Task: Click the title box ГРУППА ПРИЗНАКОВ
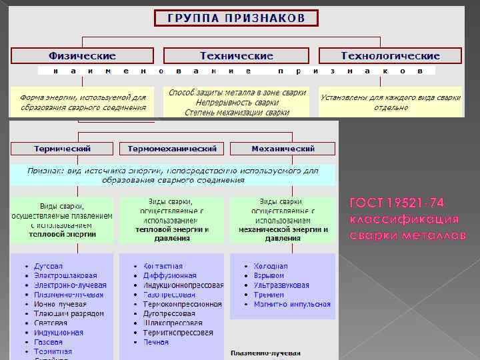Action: click(x=236, y=18)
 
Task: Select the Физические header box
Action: click(x=81, y=56)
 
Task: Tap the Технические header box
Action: click(x=236, y=56)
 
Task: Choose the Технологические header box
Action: click(x=390, y=56)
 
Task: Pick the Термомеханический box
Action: click(x=172, y=149)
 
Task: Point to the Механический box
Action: click(x=283, y=149)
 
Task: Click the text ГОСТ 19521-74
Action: click(x=397, y=203)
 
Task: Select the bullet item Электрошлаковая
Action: click(x=66, y=275)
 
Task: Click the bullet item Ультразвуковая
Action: click(x=281, y=285)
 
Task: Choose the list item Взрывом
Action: click(x=269, y=275)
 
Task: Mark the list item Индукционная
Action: click(x=59, y=332)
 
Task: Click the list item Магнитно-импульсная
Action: click(x=292, y=304)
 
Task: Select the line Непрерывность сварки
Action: click(x=237, y=103)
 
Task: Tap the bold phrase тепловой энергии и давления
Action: click(x=172, y=233)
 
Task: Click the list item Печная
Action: click(x=156, y=342)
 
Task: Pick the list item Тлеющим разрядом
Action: click(x=69, y=313)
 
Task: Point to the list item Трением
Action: click(x=268, y=294)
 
